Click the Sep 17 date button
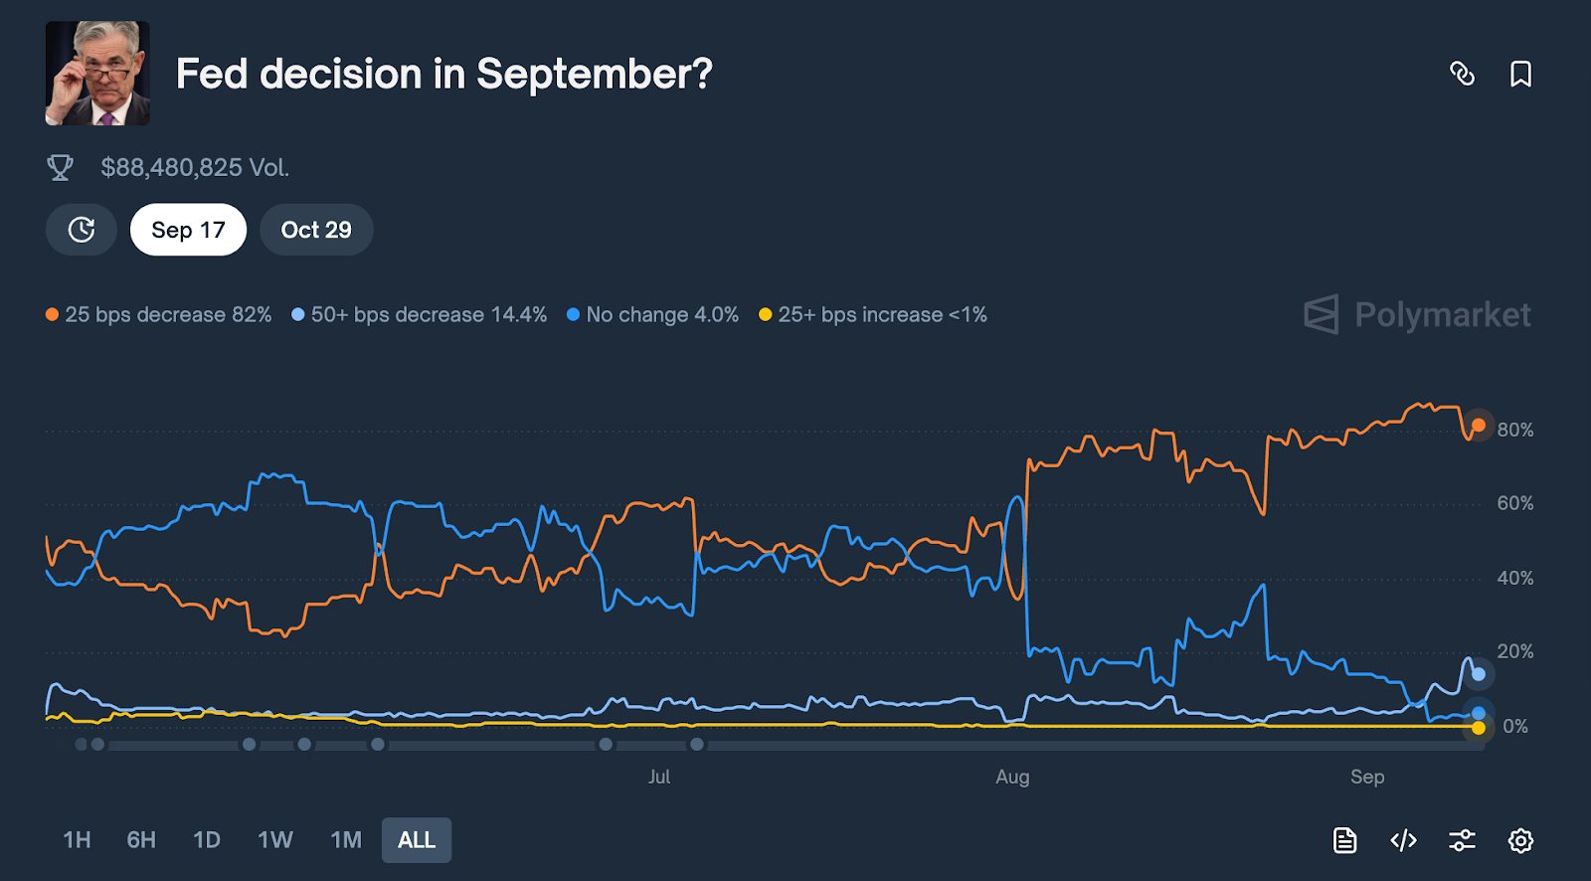(188, 230)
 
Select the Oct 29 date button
(316, 230)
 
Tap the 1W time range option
(275, 840)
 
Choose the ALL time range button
(417, 840)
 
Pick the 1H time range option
(77, 840)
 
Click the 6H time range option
(141, 840)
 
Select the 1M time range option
(346, 840)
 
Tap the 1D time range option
(207, 840)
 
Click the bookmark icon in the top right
(1520, 74)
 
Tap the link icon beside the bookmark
(1462, 74)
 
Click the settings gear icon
(1520, 840)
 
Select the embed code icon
(1403, 840)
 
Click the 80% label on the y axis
(1515, 430)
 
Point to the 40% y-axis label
(1515, 578)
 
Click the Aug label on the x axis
(1012, 777)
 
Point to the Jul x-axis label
(659, 777)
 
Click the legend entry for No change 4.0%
(653, 314)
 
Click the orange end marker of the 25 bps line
(1479, 425)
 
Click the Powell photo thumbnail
(97, 74)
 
